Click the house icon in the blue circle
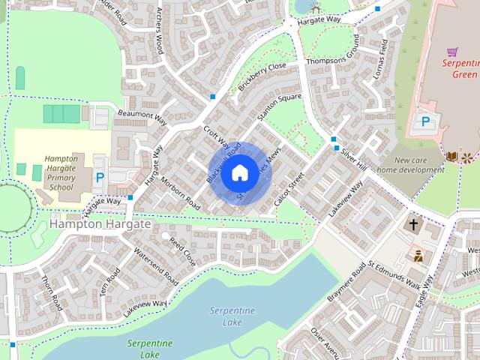coord(239,173)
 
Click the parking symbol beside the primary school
coord(100,178)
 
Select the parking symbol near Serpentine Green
coord(425,121)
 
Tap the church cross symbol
coord(413,224)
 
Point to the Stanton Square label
coord(279,108)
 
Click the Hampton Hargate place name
coord(100,224)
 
